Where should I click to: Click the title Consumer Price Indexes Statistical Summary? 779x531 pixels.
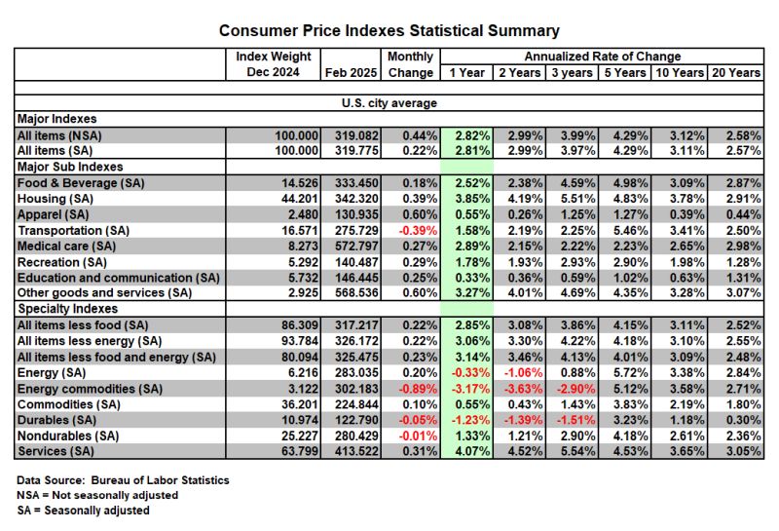[x=389, y=31]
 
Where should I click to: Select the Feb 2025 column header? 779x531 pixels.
[x=351, y=73]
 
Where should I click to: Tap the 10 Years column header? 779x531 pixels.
[x=680, y=73]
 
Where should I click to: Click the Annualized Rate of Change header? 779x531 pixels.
[x=602, y=57]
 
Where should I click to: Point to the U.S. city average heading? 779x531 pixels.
[x=389, y=103]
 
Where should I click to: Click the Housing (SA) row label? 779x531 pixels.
[x=56, y=199]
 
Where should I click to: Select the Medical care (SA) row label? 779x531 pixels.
[x=66, y=247]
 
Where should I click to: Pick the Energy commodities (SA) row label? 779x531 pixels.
[x=90, y=389]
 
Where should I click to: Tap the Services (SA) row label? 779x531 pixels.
[x=56, y=451]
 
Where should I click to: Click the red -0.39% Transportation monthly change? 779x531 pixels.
[x=418, y=231]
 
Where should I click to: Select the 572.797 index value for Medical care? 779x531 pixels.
[x=356, y=247]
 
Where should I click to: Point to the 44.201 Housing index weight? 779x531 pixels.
[x=300, y=199]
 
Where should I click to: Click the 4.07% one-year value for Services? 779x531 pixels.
[x=472, y=451]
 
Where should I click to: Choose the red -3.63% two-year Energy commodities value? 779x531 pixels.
[x=523, y=389]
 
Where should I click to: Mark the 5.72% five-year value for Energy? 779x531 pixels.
[x=630, y=373]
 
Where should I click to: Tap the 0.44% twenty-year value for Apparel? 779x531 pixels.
[x=743, y=214]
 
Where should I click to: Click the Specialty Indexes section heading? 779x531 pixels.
[x=67, y=309]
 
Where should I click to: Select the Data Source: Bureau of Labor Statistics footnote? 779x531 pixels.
[x=123, y=480]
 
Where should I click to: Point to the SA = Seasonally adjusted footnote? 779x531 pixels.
[x=83, y=511]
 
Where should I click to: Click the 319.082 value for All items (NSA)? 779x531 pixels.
[x=356, y=135]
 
